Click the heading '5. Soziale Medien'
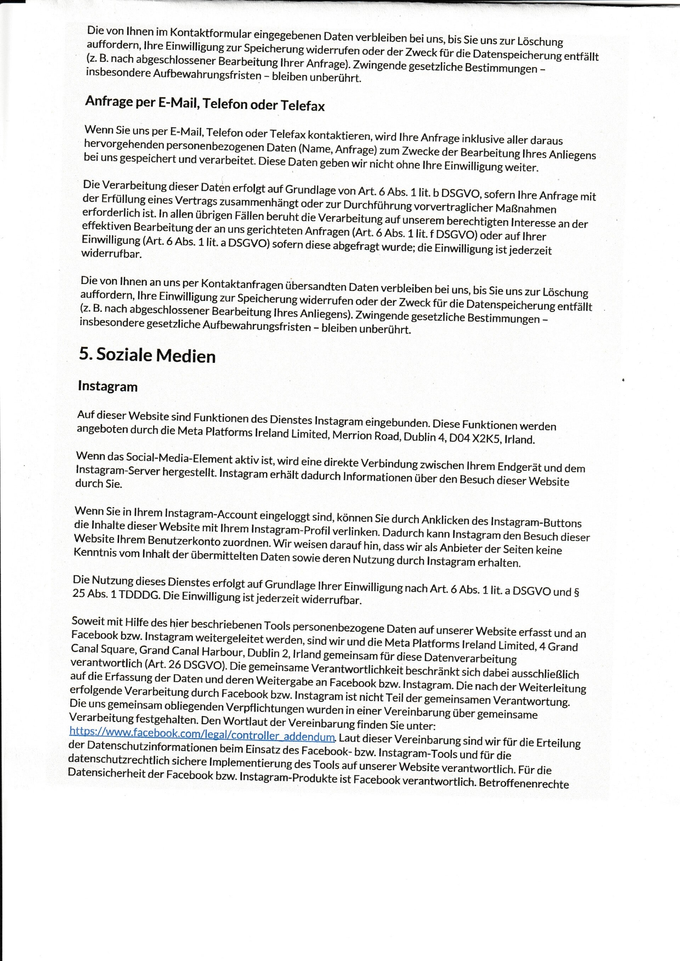(x=147, y=355)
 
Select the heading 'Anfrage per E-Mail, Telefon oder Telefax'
(x=205, y=103)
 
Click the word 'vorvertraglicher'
(x=453, y=207)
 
